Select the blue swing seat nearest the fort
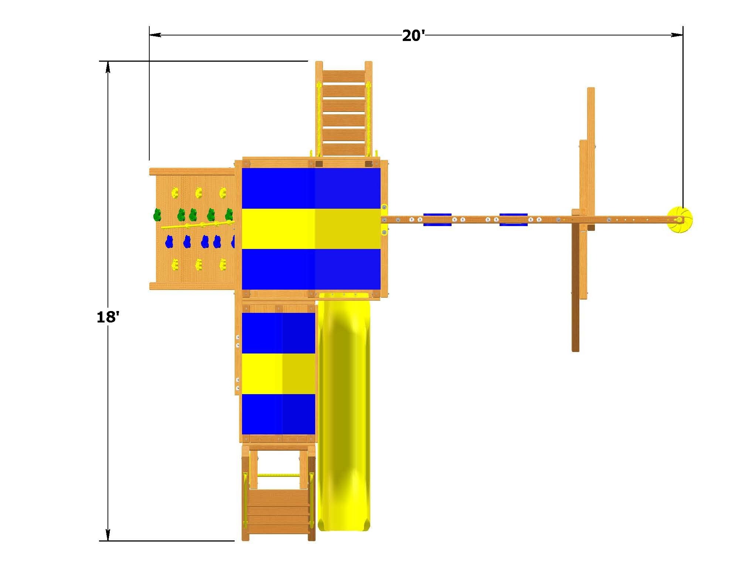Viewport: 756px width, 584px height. (437, 219)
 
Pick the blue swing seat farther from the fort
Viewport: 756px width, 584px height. (513, 219)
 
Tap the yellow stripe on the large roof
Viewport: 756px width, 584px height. (311, 229)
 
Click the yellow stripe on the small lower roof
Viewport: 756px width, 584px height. (278, 373)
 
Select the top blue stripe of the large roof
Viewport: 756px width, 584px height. (311, 188)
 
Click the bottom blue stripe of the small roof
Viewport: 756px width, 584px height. (278, 414)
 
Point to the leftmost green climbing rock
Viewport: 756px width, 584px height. (158, 214)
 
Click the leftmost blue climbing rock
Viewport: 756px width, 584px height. (169, 242)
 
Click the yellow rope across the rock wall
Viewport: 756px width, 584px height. (198, 225)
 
